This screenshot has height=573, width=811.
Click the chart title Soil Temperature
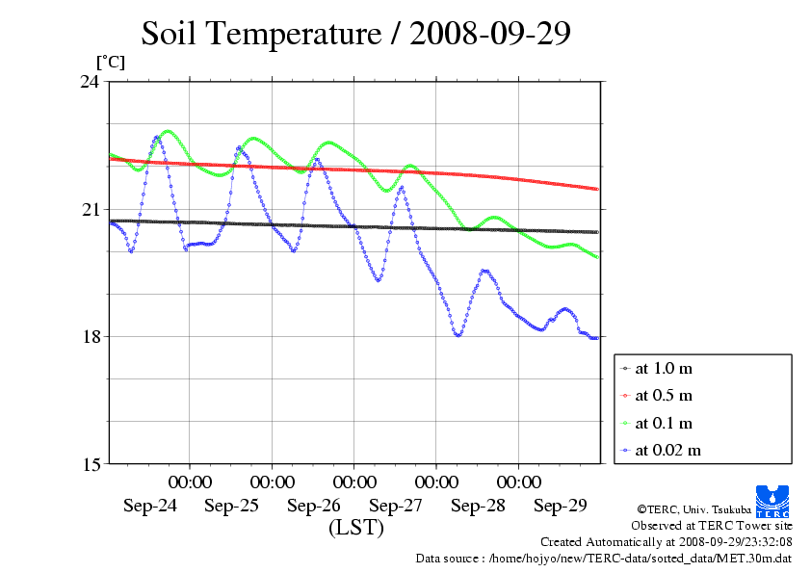(x=356, y=34)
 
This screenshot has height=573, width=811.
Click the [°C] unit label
(x=109, y=61)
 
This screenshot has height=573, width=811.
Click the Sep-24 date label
(x=149, y=505)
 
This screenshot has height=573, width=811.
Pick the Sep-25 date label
(x=231, y=505)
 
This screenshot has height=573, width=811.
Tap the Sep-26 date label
(x=314, y=505)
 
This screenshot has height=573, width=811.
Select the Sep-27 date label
(x=396, y=505)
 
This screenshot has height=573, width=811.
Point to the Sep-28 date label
(x=479, y=505)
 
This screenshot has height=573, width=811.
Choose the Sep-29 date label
(x=561, y=505)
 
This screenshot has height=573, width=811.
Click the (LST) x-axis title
(x=355, y=528)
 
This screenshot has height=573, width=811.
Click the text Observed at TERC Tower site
(x=712, y=526)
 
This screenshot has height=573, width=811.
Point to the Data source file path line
(x=604, y=558)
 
